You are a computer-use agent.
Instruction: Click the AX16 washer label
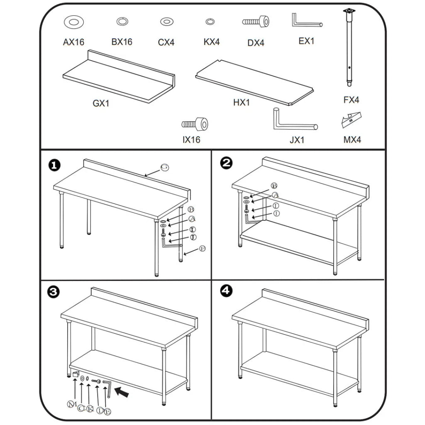click(x=73, y=42)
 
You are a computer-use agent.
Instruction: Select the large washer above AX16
click(x=73, y=22)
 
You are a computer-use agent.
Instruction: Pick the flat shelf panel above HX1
click(x=254, y=83)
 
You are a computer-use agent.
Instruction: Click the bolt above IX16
click(x=195, y=123)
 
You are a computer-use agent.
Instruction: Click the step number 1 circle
click(x=54, y=165)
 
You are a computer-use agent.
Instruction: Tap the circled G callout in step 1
click(x=164, y=167)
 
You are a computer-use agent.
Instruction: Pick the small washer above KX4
click(x=210, y=22)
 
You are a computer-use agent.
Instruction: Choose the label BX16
click(x=122, y=42)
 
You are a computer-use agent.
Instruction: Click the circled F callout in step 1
click(x=202, y=249)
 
